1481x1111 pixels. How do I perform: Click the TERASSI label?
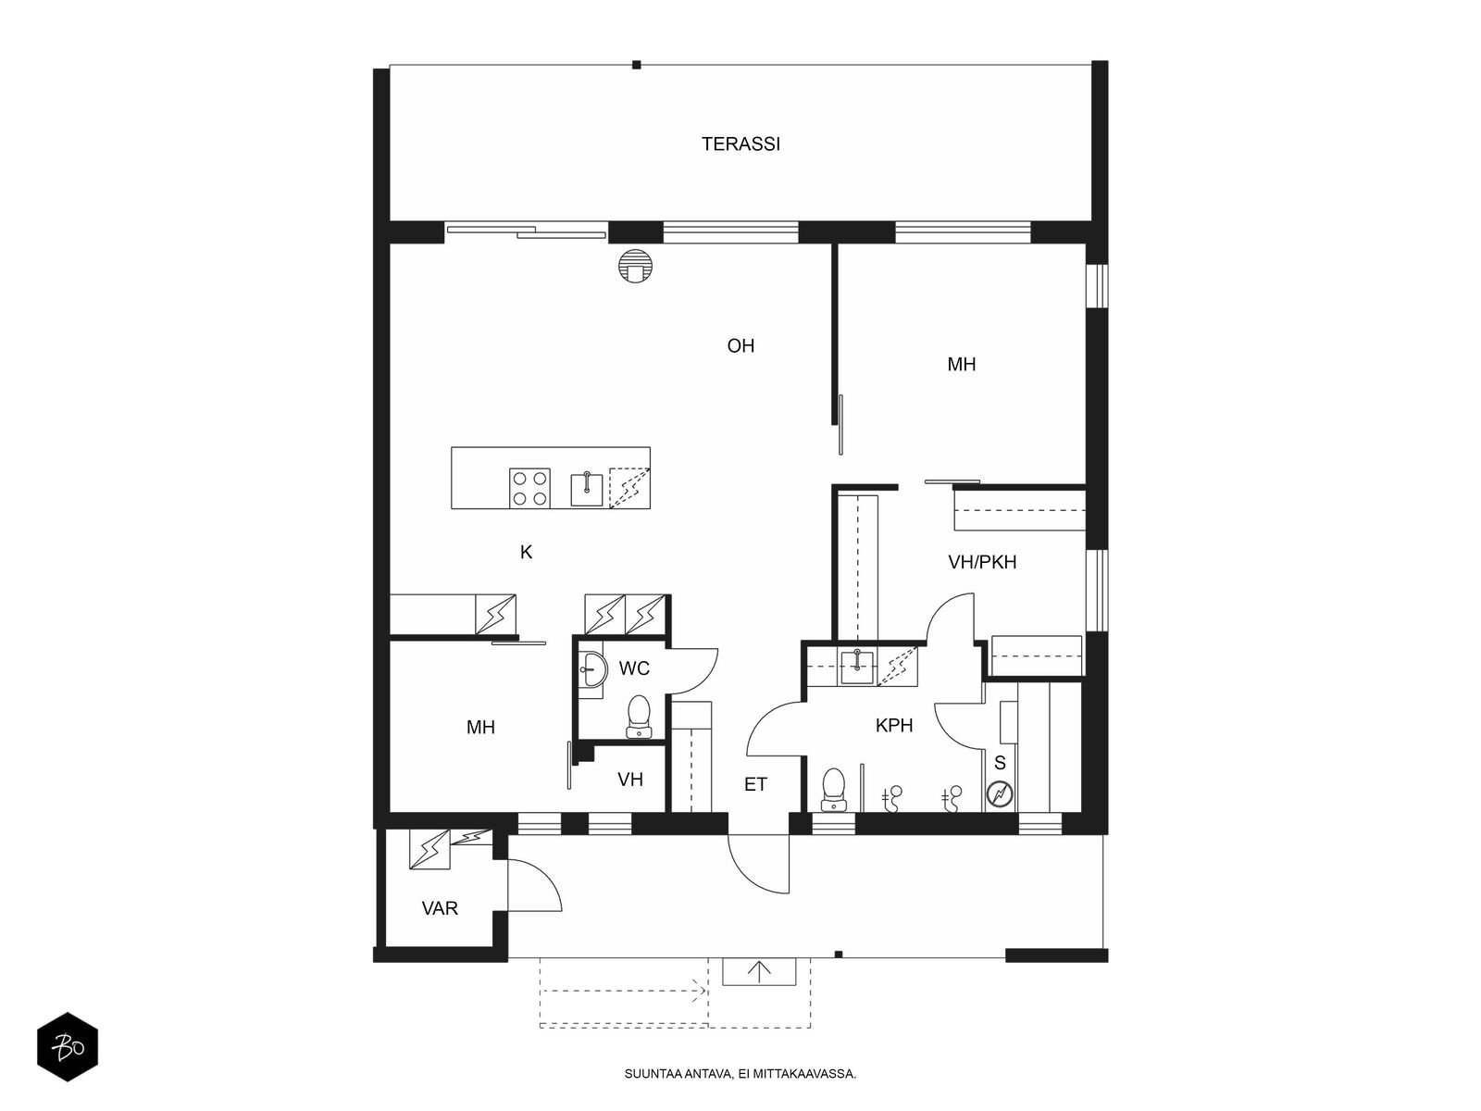pyautogui.click(x=740, y=144)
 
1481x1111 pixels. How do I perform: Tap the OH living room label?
pyautogui.click(x=740, y=346)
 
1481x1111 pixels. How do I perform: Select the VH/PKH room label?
pyautogui.click(x=982, y=562)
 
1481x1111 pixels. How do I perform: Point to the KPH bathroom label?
pyautogui.click(x=894, y=725)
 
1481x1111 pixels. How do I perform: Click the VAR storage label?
pyautogui.click(x=440, y=908)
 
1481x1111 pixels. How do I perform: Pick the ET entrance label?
pyautogui.click(x=755, y=784)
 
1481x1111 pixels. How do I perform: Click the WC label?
pyautogui.click(x=634, y=668)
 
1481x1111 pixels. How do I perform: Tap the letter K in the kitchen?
pyautogui.click(x=527, y=553)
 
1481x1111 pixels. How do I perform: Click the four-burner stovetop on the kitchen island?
pyautogui.click(x=529, y=488)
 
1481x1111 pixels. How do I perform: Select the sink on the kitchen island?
pyautogui.click(x=587, y=489)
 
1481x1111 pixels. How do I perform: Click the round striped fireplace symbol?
pyautogui.click(x=635, y=267)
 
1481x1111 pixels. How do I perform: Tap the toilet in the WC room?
pyautogui.click(x=639, y=717)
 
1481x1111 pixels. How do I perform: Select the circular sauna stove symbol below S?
pyautogui.click(x=1000, y=794)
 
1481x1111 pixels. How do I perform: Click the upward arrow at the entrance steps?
pyautogui.click(x=760, y=971)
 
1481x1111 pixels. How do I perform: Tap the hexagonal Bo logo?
pyautogui.click(x=68, y=1047)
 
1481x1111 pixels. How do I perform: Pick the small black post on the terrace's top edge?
pyautogui.click(x=636, y=65)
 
